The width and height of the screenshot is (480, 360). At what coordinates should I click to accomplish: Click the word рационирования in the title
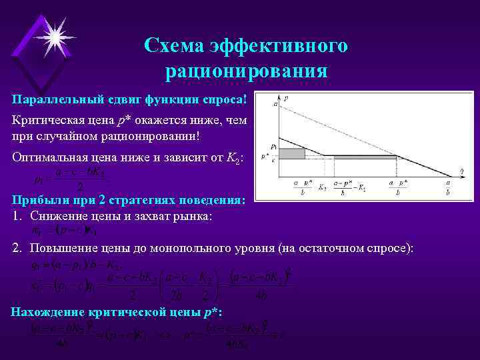coord(246,70)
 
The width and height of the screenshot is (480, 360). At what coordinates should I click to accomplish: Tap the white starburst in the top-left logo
coord(53,33)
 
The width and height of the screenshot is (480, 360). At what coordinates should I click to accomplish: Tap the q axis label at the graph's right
coord(461,172)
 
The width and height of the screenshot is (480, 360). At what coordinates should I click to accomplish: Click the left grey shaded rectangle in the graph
coord(291,153)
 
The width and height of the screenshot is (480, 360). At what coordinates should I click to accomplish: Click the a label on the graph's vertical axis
coord(275,104)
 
